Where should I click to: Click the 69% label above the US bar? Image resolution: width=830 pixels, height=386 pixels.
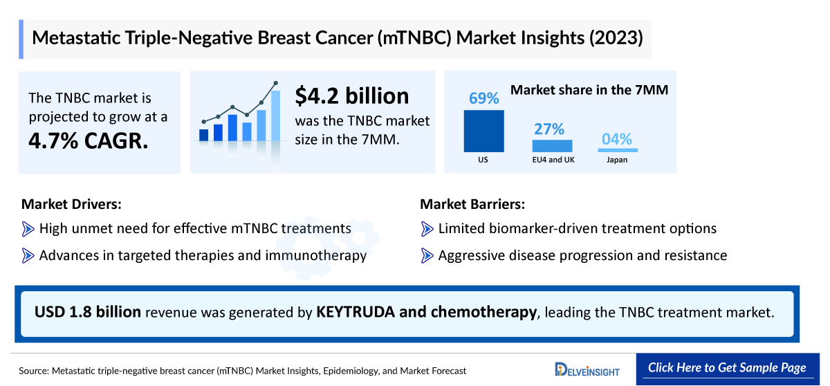coord(483,98)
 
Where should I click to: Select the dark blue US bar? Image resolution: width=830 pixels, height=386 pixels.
coord(483,131)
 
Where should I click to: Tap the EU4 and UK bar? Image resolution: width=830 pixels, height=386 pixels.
coord(552,145)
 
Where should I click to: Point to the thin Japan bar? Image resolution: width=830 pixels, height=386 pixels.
coord(618,149)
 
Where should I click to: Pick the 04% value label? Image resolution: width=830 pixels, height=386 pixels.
coord(617,139)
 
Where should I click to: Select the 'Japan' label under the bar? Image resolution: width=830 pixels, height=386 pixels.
coord(617,160)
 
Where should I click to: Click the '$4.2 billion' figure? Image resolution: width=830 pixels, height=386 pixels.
coord(351,95)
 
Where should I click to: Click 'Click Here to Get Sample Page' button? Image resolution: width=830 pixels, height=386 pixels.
coord(727,368)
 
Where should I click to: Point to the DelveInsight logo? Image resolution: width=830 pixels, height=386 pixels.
coord(587,370)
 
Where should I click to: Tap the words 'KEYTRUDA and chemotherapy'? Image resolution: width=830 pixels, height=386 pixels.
coord(426,312)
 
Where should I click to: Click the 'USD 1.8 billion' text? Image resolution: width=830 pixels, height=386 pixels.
coord(88,312)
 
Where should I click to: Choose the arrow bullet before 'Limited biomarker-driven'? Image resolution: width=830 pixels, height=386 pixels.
coord(427,228)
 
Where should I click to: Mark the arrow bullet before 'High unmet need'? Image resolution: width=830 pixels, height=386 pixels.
coord(28,228)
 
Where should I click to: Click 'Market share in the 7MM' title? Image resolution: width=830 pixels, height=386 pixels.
coord(589,89)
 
